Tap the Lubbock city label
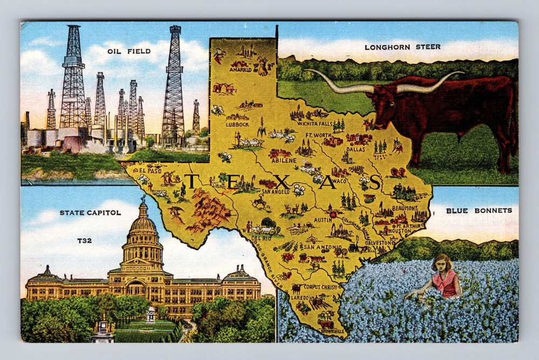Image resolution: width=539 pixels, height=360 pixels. (237, 124)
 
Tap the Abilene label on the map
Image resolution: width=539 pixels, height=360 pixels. (284, 160)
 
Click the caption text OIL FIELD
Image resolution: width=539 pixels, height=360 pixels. (130, 51)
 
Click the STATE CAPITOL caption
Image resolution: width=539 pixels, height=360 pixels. (90, 213)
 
